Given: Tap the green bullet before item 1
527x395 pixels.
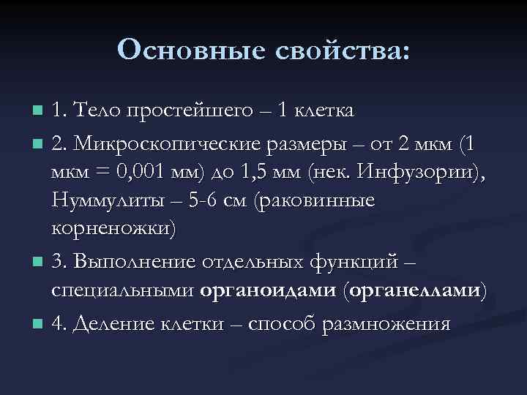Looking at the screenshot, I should [39, 112].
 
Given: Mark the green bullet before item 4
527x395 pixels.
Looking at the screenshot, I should [39, 323].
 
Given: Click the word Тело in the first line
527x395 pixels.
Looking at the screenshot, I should [97, 111].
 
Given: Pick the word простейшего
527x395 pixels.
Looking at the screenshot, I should [183, 111].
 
